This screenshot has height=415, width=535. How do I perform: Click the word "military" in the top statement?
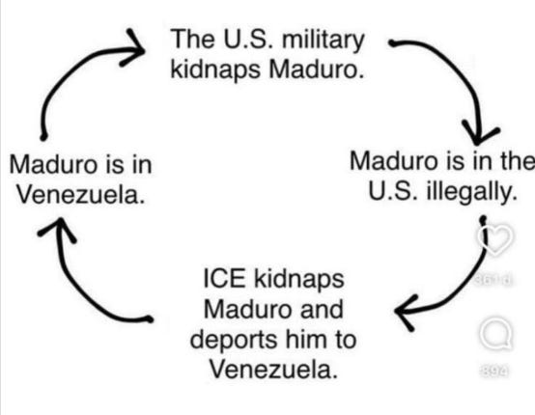point(324,41)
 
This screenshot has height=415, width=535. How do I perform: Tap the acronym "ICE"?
point(224,279)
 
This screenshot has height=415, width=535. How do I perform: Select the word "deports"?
point(234,341)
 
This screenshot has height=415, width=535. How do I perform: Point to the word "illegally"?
point(471,193)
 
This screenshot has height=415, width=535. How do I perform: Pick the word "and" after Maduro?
point(321,309)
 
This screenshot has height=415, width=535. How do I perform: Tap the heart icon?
point(494,238)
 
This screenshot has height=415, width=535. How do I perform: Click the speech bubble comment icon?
point(495,335)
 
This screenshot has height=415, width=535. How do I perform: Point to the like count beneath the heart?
point(493,280)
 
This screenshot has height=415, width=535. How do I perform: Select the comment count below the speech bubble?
point(494,371)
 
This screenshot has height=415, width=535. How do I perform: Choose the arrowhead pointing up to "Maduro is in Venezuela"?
point(57,229)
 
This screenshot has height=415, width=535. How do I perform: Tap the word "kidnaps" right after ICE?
point(299,279)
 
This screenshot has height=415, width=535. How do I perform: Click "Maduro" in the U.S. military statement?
point(316,69)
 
